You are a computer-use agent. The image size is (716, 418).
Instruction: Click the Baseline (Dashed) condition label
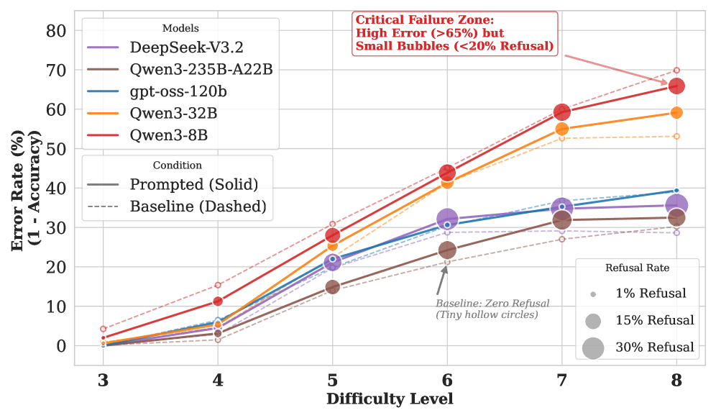pos(198,206)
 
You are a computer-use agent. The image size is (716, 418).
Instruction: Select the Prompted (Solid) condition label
pos(194,185)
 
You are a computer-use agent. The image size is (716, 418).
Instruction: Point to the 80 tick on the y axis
pos(56,31)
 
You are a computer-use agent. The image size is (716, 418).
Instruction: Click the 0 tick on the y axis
pos(61,346)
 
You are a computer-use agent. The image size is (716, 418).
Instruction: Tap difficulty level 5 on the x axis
pos(332,380)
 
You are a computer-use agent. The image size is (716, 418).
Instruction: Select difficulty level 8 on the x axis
pos(676,380)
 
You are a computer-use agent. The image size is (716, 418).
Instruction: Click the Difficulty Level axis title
pos(390,399)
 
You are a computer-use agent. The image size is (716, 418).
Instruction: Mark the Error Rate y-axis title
pos(26,191)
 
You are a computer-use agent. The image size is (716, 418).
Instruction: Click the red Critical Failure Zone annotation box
pos(455,33)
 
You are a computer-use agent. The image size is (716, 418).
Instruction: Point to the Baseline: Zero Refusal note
pos(492,309)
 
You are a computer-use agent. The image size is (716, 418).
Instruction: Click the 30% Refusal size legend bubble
pos(593,348)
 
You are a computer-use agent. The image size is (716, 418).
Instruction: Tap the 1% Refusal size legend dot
pos(593,295)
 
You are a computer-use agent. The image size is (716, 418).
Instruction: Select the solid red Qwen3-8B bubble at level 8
pos(676,86)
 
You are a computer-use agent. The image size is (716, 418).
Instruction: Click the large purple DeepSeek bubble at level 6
pos(447,219)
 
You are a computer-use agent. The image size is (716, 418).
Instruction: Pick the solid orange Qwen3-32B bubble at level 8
pos(676,113)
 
